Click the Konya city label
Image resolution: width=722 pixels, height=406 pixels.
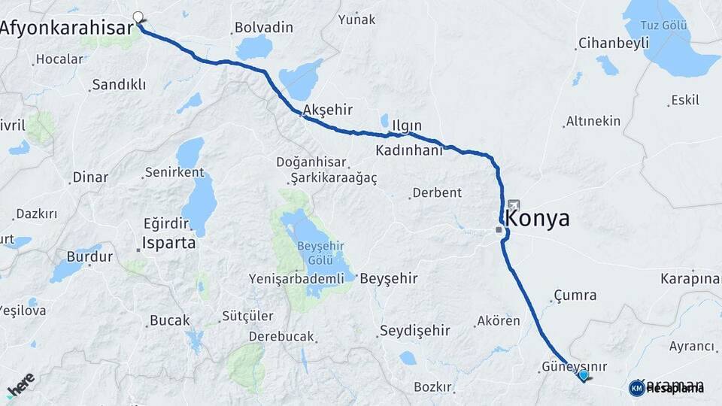coord(538,219)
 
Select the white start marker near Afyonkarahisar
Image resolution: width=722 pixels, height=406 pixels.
coord(138,17)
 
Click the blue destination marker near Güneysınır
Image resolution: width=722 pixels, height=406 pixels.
coord(583,374)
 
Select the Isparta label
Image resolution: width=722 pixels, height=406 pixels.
coord(169,244)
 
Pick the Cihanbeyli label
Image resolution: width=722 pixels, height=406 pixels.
coord(614,44)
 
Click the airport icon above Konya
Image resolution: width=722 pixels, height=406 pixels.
coord(514,205)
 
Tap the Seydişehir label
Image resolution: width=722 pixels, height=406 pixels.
coord(415,330)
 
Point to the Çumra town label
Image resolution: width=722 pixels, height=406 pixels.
coord(575,295)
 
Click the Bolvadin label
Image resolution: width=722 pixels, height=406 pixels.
coord(263,27)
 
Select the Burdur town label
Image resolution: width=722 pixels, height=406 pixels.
coord(89,256)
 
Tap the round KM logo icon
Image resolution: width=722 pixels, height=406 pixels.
coord(636,387)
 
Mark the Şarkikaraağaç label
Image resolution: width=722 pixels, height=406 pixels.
coord(333,177)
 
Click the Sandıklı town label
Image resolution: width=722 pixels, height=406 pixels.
coord(118,85)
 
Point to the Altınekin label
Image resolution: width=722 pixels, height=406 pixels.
coord(593,121)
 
